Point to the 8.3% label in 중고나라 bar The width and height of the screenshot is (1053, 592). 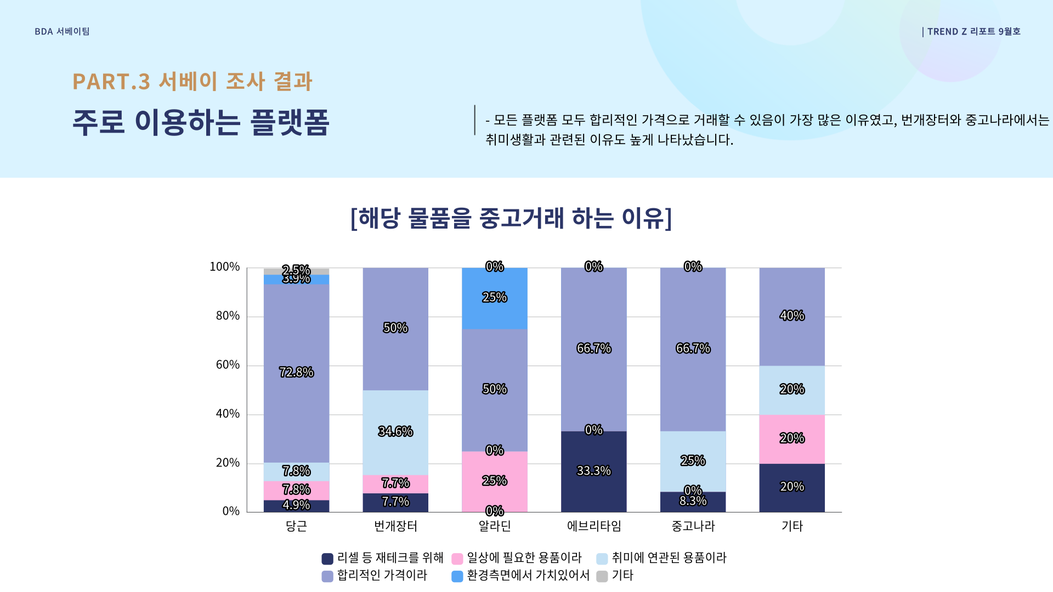click(x=693, y=501)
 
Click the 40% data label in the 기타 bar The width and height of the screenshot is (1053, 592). click(x=792, y=316)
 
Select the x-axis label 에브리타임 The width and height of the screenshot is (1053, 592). click(x=593, y=526)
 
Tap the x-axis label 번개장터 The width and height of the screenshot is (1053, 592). click(x=395, y=526)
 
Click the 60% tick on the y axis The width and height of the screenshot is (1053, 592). click(x=228, y=365)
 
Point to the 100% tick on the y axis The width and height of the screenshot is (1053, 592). click(x=225, y=267)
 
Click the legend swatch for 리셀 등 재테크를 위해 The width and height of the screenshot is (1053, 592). click(x=327, y=559)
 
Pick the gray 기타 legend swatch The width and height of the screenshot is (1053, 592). click(x=602, y=576)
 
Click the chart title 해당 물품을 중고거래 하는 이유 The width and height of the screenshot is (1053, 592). click(x=511, y=218)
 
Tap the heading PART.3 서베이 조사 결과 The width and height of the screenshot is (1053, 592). click(x=192, y=82)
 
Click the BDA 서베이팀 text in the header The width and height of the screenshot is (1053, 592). click(x=62, y=32)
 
